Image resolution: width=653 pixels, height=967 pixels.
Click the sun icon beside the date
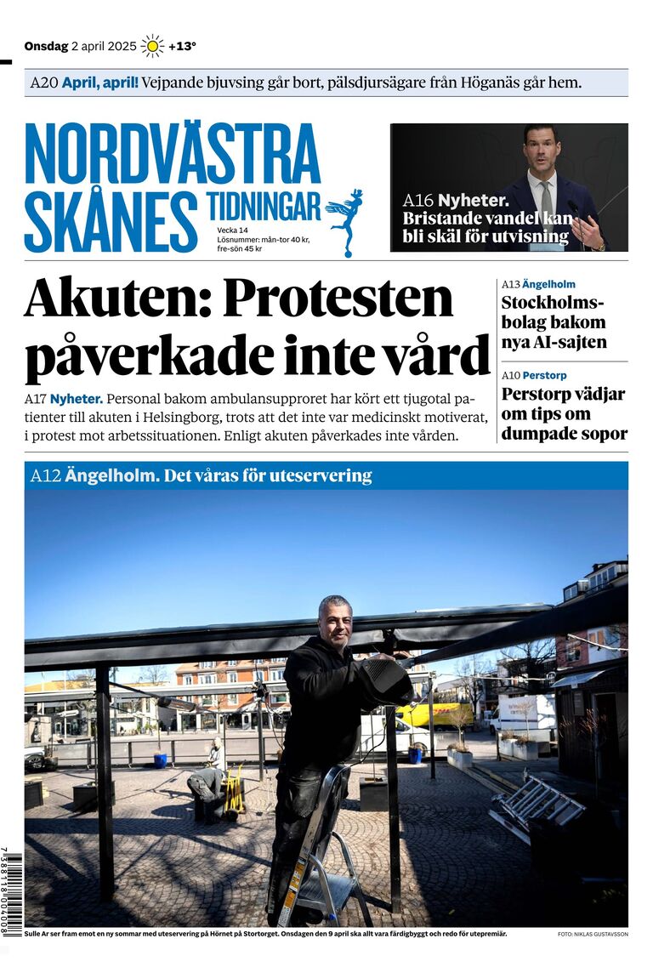[152, 46]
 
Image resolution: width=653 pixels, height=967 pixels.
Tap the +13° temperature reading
[182, 47]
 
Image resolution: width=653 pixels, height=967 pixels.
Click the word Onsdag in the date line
[45, 47]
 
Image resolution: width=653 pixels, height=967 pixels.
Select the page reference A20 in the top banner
[43, 83]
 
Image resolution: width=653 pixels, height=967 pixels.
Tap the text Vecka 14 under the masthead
[232, 230]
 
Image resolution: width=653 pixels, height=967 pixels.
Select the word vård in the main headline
[447, 355]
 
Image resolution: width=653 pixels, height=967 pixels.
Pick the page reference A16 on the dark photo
[418, 202]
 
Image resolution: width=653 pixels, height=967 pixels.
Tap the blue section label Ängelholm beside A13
[548, 284]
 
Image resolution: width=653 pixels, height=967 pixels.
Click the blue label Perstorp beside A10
[544, 375]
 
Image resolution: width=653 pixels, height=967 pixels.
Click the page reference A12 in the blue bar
[45, 476]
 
